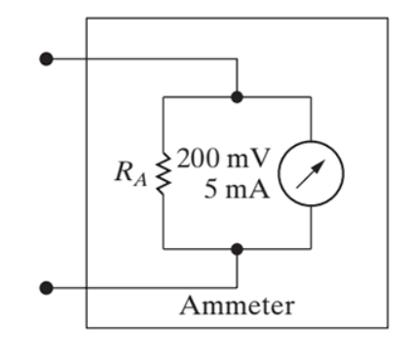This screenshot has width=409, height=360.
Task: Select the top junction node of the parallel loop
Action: [237, 97]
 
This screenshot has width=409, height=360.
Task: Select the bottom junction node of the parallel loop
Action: [237, 249]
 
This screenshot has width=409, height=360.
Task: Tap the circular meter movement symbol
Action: [311, 174]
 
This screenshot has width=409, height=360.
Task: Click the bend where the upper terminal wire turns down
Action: [237, 58]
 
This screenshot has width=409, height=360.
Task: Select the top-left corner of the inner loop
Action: [164, 97]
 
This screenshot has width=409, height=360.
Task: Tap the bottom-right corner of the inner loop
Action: [311, 249]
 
